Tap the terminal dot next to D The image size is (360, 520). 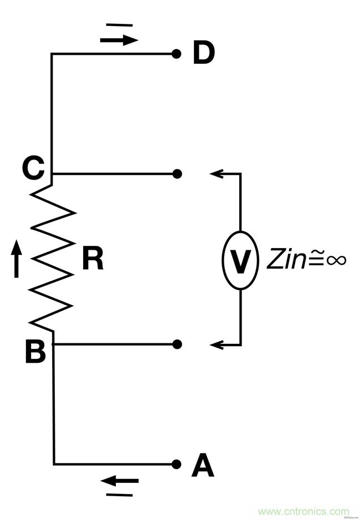(176, 54)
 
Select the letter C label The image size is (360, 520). (34, 168)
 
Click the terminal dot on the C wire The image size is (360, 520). (177, 174)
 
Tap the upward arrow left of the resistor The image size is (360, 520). (17, 260)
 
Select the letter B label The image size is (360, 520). (35, 352)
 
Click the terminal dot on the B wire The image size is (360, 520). (177, 344)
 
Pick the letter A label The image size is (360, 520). (203, 466)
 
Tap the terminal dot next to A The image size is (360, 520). (177, 464)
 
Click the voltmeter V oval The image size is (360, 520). (240, 260)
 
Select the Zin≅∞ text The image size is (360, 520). (306, 259)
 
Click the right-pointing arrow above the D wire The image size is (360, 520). (119, 40)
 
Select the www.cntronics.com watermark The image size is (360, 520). (304, 511)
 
